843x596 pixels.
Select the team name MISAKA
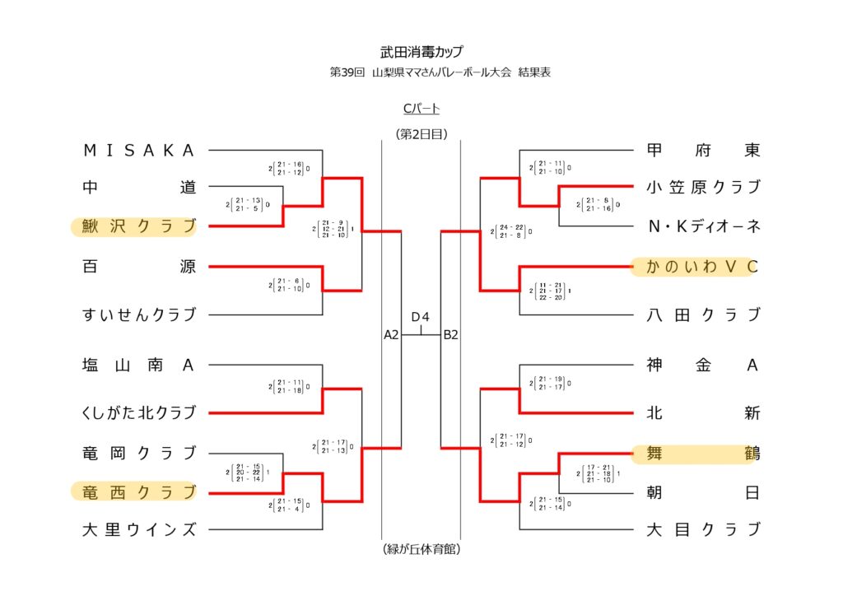point(139,151)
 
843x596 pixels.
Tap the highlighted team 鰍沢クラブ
point(139,226)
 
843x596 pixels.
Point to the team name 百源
point(139,267)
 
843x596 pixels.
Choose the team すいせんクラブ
point(139,314)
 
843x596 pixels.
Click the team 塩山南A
point(139,366)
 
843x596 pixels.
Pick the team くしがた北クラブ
point(139,412)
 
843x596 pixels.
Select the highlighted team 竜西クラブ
point(139,492)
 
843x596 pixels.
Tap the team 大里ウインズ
point(139,529)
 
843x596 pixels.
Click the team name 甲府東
point(703,151)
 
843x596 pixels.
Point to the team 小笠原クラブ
point(703,187)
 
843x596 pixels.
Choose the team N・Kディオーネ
point(703,226)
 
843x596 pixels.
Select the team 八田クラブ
point(703,314)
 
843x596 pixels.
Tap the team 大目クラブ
point(703,529)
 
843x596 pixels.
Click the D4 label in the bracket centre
point(421,317)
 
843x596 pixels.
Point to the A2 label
point(392,335)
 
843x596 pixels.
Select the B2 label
point(450,335)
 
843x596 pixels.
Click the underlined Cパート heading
point(421,109)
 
